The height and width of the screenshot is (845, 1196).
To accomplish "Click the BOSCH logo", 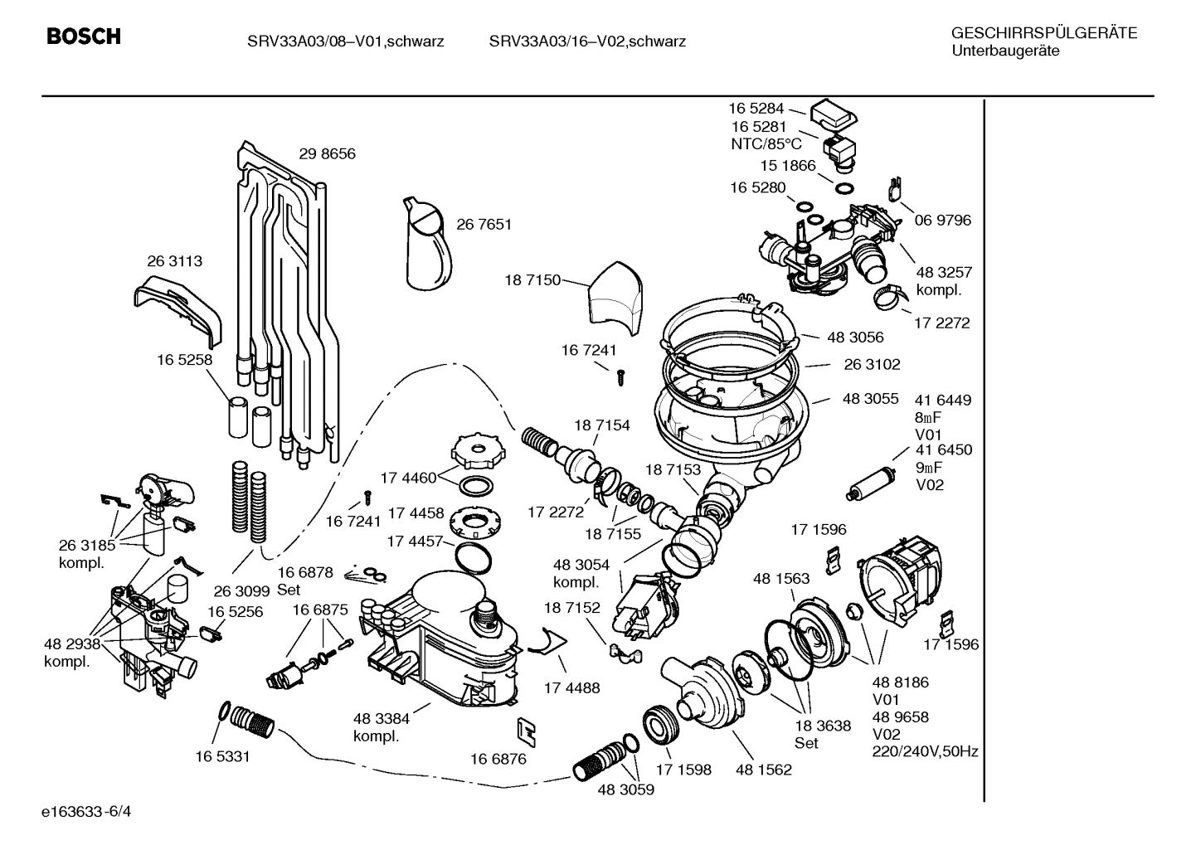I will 84,36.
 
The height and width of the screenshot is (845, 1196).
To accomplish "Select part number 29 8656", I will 327,153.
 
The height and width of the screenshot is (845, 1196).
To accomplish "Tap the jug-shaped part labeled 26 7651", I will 430,246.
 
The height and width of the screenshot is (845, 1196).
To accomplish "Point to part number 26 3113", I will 174,260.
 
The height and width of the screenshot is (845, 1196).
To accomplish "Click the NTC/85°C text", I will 761,143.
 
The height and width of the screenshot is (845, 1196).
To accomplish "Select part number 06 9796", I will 942,220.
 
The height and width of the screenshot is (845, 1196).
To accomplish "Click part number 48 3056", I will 855,337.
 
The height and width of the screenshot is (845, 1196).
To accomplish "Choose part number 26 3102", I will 872,364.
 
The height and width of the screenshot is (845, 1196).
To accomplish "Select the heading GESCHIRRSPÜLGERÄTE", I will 1043,33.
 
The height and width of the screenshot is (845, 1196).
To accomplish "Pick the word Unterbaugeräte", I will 1005,51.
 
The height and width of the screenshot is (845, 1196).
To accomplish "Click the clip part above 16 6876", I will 526,729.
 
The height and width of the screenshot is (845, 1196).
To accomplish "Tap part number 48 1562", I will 763,770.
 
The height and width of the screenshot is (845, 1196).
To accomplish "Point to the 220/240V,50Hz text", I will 925,752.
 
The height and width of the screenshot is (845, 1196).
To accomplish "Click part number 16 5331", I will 222,756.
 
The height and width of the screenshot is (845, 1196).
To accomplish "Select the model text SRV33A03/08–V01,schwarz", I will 345,41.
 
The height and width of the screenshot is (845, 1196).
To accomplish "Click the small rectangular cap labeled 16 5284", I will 834,114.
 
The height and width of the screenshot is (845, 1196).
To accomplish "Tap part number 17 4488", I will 571,687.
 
